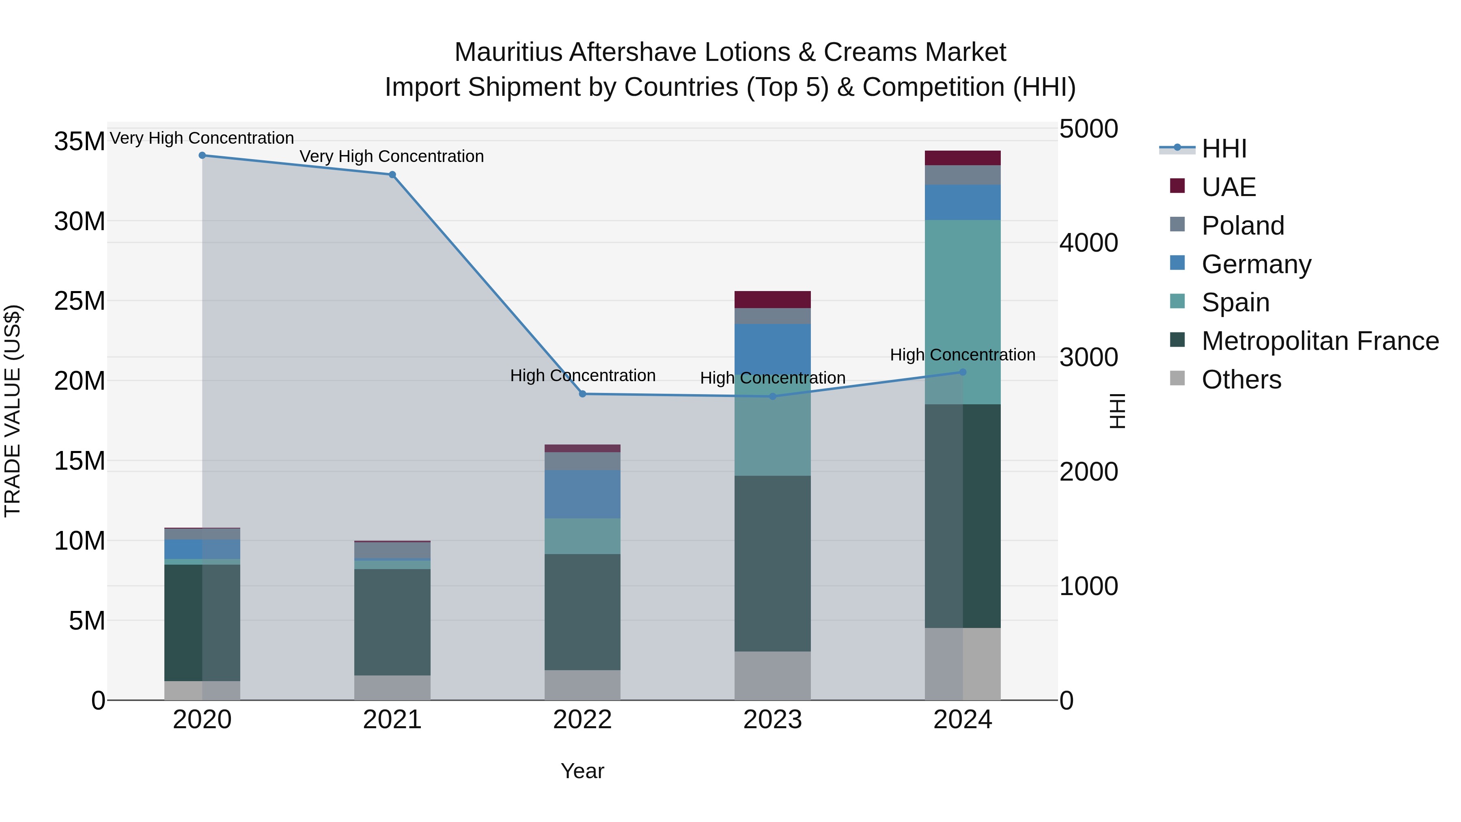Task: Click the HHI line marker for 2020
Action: pos(202,155)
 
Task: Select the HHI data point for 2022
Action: pos(582,394)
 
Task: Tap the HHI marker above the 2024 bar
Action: pos(963,372)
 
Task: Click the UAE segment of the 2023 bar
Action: pos(772,300)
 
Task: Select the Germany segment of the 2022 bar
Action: pos(582,494)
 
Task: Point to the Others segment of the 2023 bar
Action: pos(772,675)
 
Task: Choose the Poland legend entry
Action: pos(1242,226)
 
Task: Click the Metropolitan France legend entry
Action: pos(1319,341)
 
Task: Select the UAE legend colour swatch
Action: pos(1177,186)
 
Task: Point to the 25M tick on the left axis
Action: pos(80,301)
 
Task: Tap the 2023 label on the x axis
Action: pos(772,720)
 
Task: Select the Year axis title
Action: pos(582,771)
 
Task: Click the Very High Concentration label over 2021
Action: pos(392,157)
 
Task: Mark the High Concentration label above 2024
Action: pos(963,355)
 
